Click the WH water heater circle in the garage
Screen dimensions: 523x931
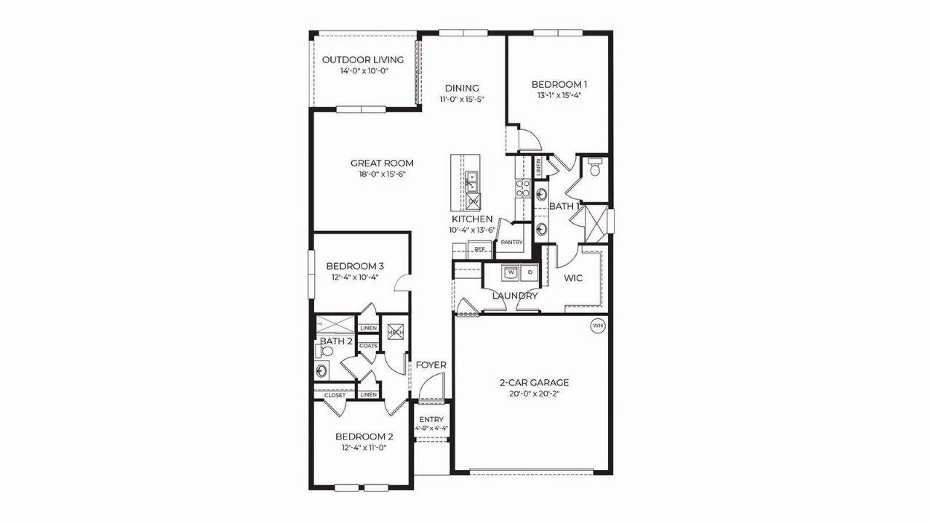pyautogui.click(x=598, y=326)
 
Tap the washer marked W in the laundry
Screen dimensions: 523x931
pyautogui.click(x=511, y=272)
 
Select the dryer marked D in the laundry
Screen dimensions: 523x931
pyautogui.click(x=530, y=272)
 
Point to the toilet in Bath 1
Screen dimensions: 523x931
pyautogui.click(x=595, y=170)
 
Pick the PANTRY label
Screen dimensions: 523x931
pyautogui.click(x=512, y=242)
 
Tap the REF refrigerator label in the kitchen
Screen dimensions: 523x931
pyautogui.click(x=479, y=249)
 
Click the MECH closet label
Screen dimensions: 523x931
pyautogui.click(x=395, y=333)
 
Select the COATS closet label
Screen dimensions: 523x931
pyautogui.click(x=368, y=346)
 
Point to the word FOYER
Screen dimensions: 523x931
pyautogui.click(x=431, y=365)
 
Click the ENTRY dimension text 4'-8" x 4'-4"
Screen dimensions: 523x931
pyautogui.click(x=431, y=429)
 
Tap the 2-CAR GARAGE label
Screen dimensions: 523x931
pyautogui.click(x=534, y=382)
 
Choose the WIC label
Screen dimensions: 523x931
pyautogui.click(x=574, y=277)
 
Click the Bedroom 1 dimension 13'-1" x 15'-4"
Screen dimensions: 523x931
pyautogui.click(x=559, y=94)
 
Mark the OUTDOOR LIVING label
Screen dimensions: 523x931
pyautogui.click(x=363, y=60)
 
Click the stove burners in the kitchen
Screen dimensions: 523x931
pyautogui.click(x=523, y=189)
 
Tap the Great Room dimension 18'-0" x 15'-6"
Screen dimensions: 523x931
pyautogui.click(x=382, y=174)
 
